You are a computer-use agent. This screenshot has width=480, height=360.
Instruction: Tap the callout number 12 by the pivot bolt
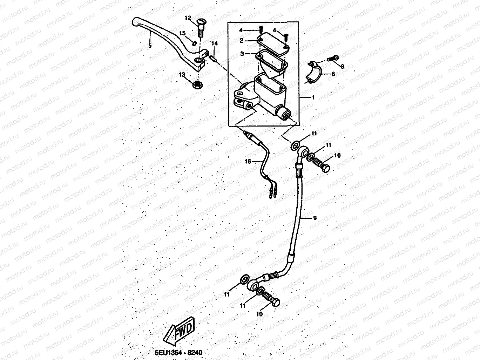point(188,18)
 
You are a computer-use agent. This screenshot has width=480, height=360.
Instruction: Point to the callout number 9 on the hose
point(315,218)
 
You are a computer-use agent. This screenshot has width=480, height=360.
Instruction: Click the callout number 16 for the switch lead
point(248,161)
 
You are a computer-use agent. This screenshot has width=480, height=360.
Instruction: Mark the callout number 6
point(333,74)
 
